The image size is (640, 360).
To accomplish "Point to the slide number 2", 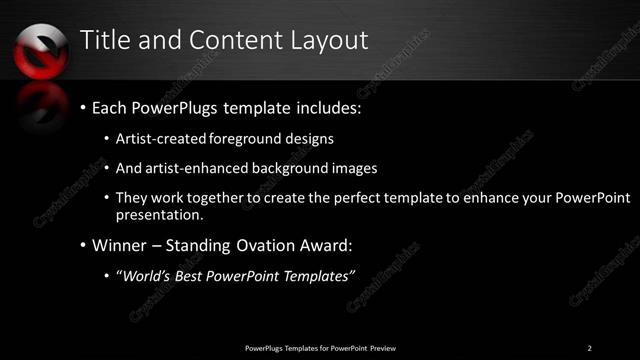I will (x=590, y=347).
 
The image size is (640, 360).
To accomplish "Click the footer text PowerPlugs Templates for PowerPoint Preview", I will (x=320, y=347).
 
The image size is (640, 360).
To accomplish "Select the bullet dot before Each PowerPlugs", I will (x=82, y=106).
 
